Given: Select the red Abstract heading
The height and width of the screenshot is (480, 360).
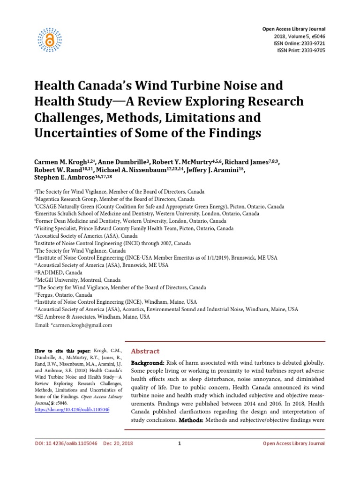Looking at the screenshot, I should tap(145, 351).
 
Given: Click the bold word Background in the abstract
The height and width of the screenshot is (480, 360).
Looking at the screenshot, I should tap(147, 363).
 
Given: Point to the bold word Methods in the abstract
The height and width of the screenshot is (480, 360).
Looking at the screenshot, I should tap(191, 420).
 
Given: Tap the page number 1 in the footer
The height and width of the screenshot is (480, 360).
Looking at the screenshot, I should tap(180, 443).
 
